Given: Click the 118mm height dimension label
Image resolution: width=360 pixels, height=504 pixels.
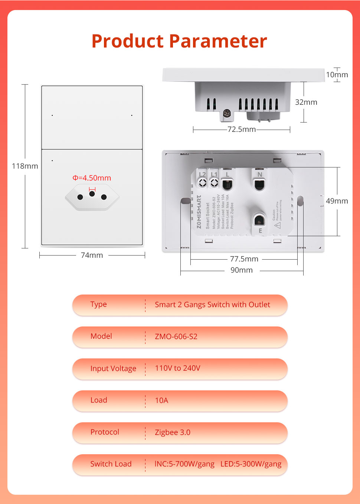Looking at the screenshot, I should pos(25,166).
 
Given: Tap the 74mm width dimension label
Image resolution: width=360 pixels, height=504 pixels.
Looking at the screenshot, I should pos(92,255).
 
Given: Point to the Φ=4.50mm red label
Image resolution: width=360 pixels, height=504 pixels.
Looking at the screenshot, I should pos(92,178).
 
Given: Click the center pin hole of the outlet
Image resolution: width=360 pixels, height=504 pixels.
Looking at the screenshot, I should pos(92,194).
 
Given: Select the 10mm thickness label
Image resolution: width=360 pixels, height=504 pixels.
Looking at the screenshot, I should pos(337,75).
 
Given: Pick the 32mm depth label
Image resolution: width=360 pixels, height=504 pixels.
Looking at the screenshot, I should pos(306,102).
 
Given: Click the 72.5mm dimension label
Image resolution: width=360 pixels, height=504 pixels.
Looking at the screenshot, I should pos(242,129).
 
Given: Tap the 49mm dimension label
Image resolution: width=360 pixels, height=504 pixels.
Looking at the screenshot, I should pos(337,201).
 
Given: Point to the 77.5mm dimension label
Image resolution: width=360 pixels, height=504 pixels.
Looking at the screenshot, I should pos(244,259).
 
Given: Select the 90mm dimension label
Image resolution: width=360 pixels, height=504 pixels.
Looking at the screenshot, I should pos(242,270).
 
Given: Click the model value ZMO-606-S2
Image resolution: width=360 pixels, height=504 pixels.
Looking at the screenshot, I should pos(176,336).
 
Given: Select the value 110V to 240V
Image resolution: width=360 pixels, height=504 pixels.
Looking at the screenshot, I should pos(177,368).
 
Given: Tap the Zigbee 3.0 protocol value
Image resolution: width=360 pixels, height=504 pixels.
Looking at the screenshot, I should pos(173,432).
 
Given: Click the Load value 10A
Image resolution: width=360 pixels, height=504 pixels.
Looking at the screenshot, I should pos(161,400).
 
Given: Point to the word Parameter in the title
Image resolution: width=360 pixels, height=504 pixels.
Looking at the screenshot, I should pos(218,41).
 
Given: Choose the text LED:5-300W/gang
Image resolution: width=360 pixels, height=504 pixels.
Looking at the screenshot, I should pos(251,464).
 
